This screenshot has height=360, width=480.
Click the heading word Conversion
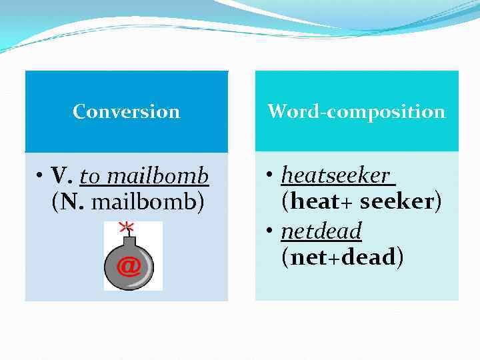pos(126,111)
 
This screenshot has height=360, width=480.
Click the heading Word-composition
pos(356,111)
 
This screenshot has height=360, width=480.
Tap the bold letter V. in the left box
pos(61,177)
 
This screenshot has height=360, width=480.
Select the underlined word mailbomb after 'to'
pos(158,177)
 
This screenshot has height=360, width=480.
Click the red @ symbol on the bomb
pos(129,266)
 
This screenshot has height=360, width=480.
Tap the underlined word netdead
pos(321,231)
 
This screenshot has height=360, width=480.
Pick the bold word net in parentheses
pos(306,257)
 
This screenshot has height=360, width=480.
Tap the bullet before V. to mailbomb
pos(41,177)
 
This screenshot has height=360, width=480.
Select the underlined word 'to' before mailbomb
pos(91,177)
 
